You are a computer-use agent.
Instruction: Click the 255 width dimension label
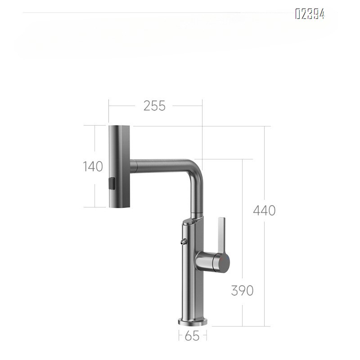(x=154, y=106)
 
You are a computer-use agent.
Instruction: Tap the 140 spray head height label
(x=93, y=166)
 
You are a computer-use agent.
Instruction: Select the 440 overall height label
(x=264, y=210)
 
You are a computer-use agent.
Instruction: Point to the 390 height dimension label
(x=242, y=290)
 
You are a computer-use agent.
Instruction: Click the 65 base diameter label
(x=192, y=336)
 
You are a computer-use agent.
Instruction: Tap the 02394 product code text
(x=310, y=14)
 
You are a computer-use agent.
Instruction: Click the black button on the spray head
(x=112, y=184)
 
